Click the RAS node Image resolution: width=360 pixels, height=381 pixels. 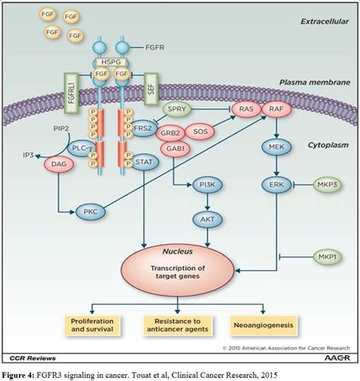click(x=246, y=110)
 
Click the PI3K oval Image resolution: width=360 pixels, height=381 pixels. click(x=205, y=185)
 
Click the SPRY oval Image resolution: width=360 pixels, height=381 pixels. click(x=176, y=110)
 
